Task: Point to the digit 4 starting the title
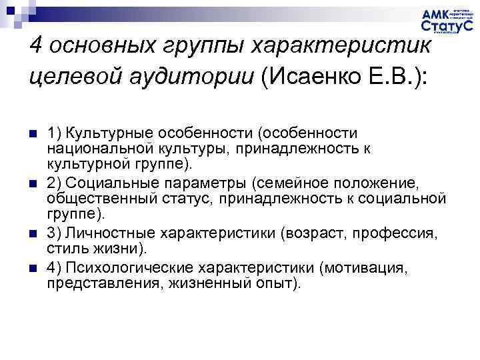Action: pyautogui.click(x=37, y=48)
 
